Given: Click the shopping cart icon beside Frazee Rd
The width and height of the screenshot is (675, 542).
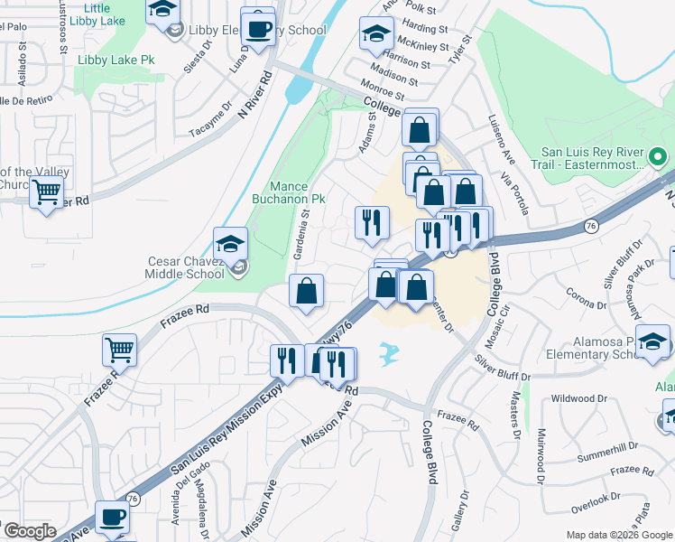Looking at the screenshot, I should coord(119,349).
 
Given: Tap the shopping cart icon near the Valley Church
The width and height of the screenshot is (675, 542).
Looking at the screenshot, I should coord(46,192).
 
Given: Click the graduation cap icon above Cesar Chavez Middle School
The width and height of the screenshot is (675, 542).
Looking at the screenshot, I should coord(230,243).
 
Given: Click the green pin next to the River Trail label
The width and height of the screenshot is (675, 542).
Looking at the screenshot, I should coord(659,157).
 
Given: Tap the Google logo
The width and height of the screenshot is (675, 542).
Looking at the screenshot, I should coord(29,531).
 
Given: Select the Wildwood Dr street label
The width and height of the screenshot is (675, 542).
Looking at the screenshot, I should coord(578,398).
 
